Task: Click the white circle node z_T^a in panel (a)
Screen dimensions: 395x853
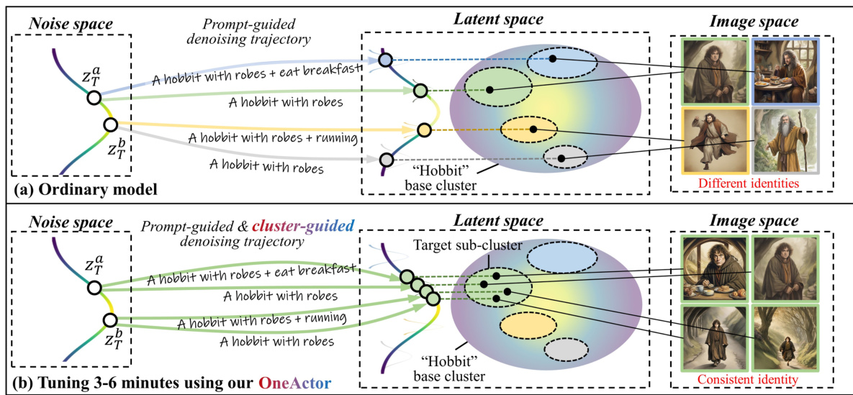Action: point(94,98)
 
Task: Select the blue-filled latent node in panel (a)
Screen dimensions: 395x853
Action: point(386,60)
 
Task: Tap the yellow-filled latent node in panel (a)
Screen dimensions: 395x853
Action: point(424,130)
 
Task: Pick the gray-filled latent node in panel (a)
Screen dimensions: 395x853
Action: point(386,159)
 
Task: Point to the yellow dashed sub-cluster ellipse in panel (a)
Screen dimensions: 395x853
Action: point(529,130)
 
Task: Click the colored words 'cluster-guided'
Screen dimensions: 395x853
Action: point(307,224)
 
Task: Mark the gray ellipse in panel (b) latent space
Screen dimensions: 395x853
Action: point(564,350)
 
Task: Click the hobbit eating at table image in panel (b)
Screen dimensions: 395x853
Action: point(715,266)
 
